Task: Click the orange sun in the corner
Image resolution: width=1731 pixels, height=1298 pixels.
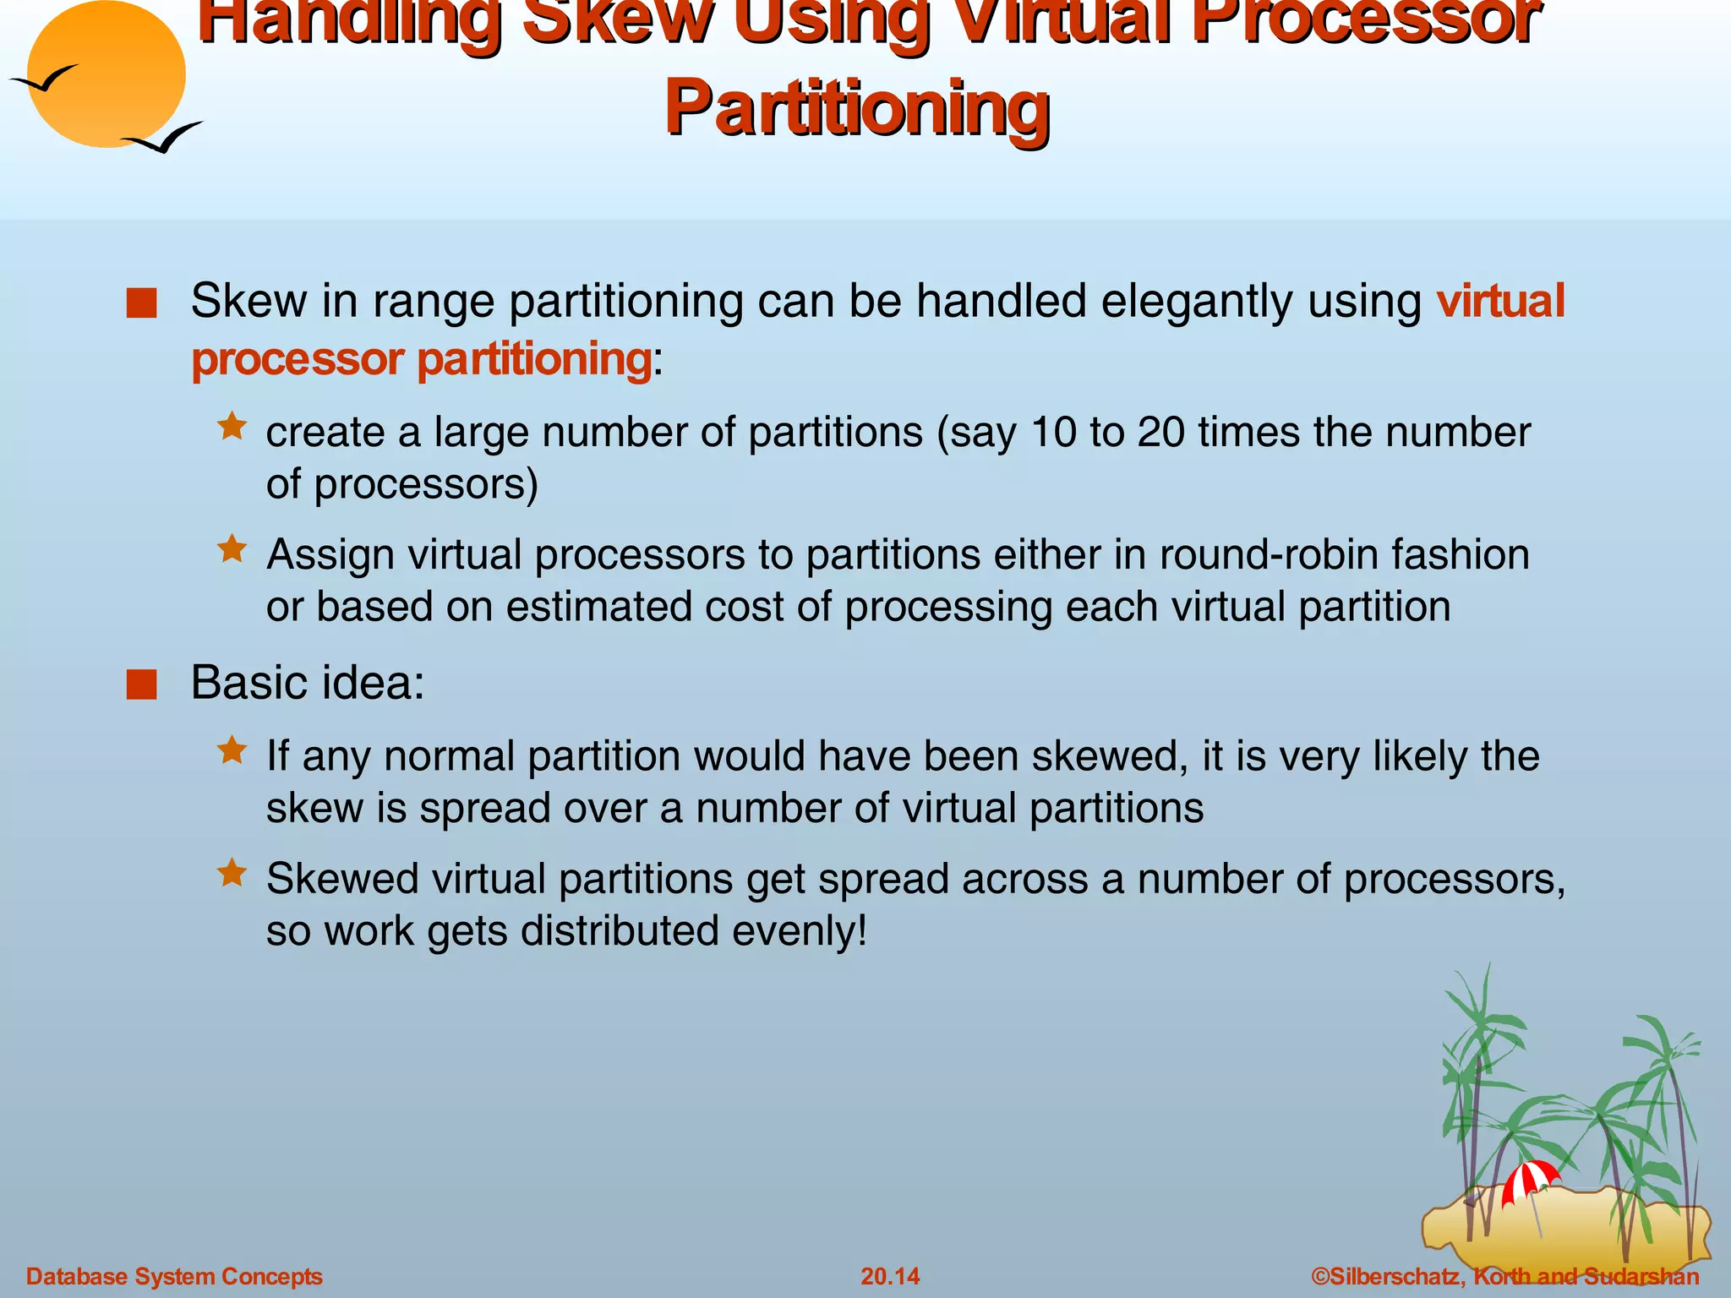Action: pyautogui.click(x=106, y=74)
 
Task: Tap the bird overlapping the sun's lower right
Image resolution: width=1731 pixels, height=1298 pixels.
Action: pyautogui.click(x=163, y=138)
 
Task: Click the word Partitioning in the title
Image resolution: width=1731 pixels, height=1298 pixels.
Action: pyautogui.click(x=857, y=108)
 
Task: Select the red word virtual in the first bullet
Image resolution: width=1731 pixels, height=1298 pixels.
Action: pyautogui.click(x=1501, y=301)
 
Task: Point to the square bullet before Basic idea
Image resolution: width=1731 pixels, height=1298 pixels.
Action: pyautogui.click(x=142, y=684)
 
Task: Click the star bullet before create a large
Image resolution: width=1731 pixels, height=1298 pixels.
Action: pyautogui.click(x=232, y=426)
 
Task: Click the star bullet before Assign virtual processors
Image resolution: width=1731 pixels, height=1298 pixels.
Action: pyautogui.click(x=232, y=549)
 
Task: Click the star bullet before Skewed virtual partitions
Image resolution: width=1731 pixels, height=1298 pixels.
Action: pyautogui.click(x=232, y=873)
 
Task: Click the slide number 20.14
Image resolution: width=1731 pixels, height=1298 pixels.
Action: pyautogui.click(x=890, y=1276)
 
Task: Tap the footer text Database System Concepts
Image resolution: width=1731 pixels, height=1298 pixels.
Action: pyautogui.click(x=174, y=1276)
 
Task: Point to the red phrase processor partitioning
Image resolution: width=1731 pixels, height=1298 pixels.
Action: pyautogui.click(x=422, y=359)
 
